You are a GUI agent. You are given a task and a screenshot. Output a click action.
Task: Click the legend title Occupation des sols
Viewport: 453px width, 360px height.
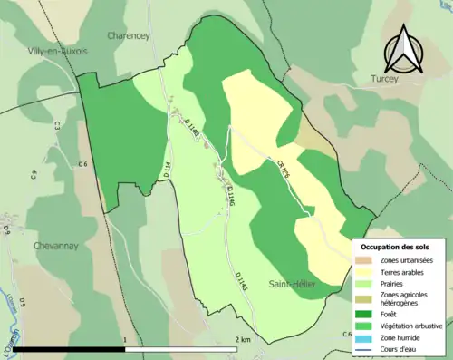(400, 246)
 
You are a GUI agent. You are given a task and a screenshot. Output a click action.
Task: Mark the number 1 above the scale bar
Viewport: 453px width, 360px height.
(124, 339)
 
